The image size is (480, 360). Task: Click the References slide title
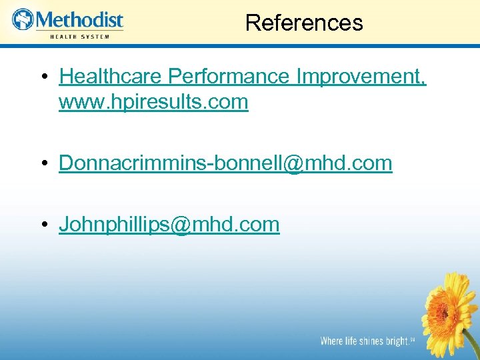[x=304, y=23]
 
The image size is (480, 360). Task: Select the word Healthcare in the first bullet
[x=111, y=77]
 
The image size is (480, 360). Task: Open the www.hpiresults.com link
[x=153, y=102]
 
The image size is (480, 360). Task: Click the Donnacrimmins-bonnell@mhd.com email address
[x=225, y=163]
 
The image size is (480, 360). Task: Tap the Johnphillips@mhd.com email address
[x=169, y=225]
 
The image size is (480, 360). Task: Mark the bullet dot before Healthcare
[x=43, y=77]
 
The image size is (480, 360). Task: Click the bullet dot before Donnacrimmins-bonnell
[x=43, y=164]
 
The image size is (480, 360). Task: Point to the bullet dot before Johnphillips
[x=43, y=225]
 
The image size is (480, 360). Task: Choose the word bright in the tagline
[x=398, y=341]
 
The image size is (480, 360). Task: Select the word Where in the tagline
[x=332, y=341]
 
